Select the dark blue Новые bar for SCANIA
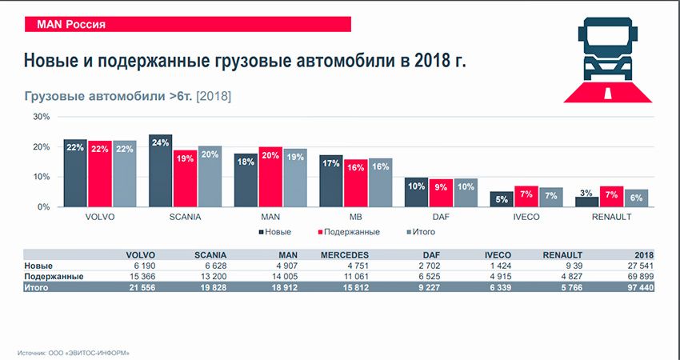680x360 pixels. pyautogui.click(x=160, y=170)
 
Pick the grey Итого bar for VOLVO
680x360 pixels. pyautogui.click(x=125, y=174)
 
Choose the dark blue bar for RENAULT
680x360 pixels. pyautogui.click(x=586, y=202)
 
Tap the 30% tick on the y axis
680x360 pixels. pyautogui.click(x=41, y=117)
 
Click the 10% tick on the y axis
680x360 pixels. pyautogui.click(x=41, y=177)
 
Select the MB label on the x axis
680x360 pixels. pyautogui.click(x=356, y=217)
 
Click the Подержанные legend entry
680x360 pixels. pyautogui.click(x=350, y=232)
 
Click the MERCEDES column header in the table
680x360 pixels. pyautogui.click(x=344, y=255)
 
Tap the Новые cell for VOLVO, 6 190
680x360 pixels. pyautogui.click(x=139, y=266)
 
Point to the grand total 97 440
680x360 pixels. pyautogui.click(x=638, y=286)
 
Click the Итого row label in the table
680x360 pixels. pyautogui.click(x=38, y=286)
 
